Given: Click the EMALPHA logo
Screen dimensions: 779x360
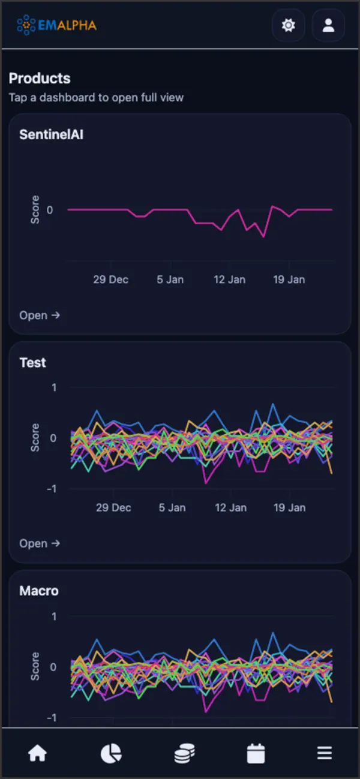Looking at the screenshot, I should pos(56,25).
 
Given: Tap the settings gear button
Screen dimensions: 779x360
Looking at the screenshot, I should pos(289,25).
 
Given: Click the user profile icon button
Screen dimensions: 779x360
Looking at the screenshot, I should pos(328,25).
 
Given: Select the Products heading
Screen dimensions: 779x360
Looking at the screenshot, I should pos(40,79).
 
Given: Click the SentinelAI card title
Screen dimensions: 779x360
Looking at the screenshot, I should pos(51,134).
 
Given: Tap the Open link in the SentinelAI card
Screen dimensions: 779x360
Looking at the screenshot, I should pos(40,315).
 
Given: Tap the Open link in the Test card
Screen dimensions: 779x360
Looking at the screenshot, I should pos(40,543).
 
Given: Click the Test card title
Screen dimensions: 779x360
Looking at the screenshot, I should pos(32,363).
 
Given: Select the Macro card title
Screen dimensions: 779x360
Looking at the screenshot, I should pos(39,591).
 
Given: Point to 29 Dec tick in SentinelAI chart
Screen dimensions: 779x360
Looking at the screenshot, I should pos(110,279).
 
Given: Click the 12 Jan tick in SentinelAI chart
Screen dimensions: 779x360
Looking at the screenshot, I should pos(229,279).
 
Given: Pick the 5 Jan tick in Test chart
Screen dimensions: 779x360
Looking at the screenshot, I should pos(172,507).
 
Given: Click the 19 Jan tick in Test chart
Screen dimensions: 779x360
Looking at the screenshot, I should pos(290,507).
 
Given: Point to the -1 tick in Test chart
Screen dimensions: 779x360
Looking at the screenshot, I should pos(53,489).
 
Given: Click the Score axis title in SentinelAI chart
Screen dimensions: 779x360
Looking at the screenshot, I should pos(35,210).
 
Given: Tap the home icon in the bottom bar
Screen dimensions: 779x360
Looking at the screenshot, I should pos(37,753).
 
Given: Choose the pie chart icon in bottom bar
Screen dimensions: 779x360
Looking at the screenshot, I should pos(110,753).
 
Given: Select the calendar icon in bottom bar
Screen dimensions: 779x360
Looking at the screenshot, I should pos(256,753).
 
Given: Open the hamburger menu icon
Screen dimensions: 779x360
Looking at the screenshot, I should pos(325,753).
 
